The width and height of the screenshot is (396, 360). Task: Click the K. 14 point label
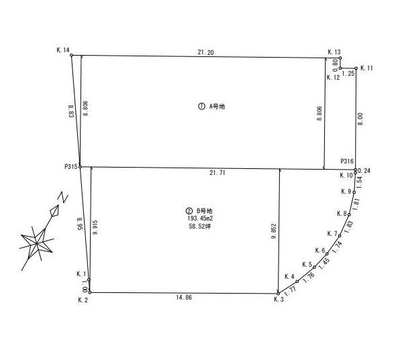click(x=63, y=50)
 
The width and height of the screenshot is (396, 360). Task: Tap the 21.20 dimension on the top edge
click(x=205, y=52)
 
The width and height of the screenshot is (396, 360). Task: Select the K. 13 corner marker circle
click(x=340, y=58)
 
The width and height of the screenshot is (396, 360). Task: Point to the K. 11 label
click(x=366, y=68)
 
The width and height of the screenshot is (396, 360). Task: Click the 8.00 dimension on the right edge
click(x=360, y=119)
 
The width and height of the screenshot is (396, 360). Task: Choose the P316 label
click(x=347, y=161)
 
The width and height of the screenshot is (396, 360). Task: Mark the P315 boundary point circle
click(x=80, y=167)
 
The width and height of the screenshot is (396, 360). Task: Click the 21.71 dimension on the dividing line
click(x=217, y=173)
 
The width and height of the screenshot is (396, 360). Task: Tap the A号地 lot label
click(x=217, y=107)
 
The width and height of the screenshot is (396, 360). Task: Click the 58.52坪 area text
click(x=200, y=227)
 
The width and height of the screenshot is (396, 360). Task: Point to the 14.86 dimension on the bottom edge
click(x=184, y=297)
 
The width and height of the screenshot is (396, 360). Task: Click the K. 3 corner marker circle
click(x=278, y=294)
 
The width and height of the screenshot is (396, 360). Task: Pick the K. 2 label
click(x=83, y=300)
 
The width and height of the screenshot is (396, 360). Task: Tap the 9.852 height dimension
click(x=274, y=231)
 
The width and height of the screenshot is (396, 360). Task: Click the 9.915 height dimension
click(x=95, y=227)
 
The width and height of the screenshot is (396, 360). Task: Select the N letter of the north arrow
click(x=63, y=197)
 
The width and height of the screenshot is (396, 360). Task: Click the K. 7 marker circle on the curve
click(x=340, y=235)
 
